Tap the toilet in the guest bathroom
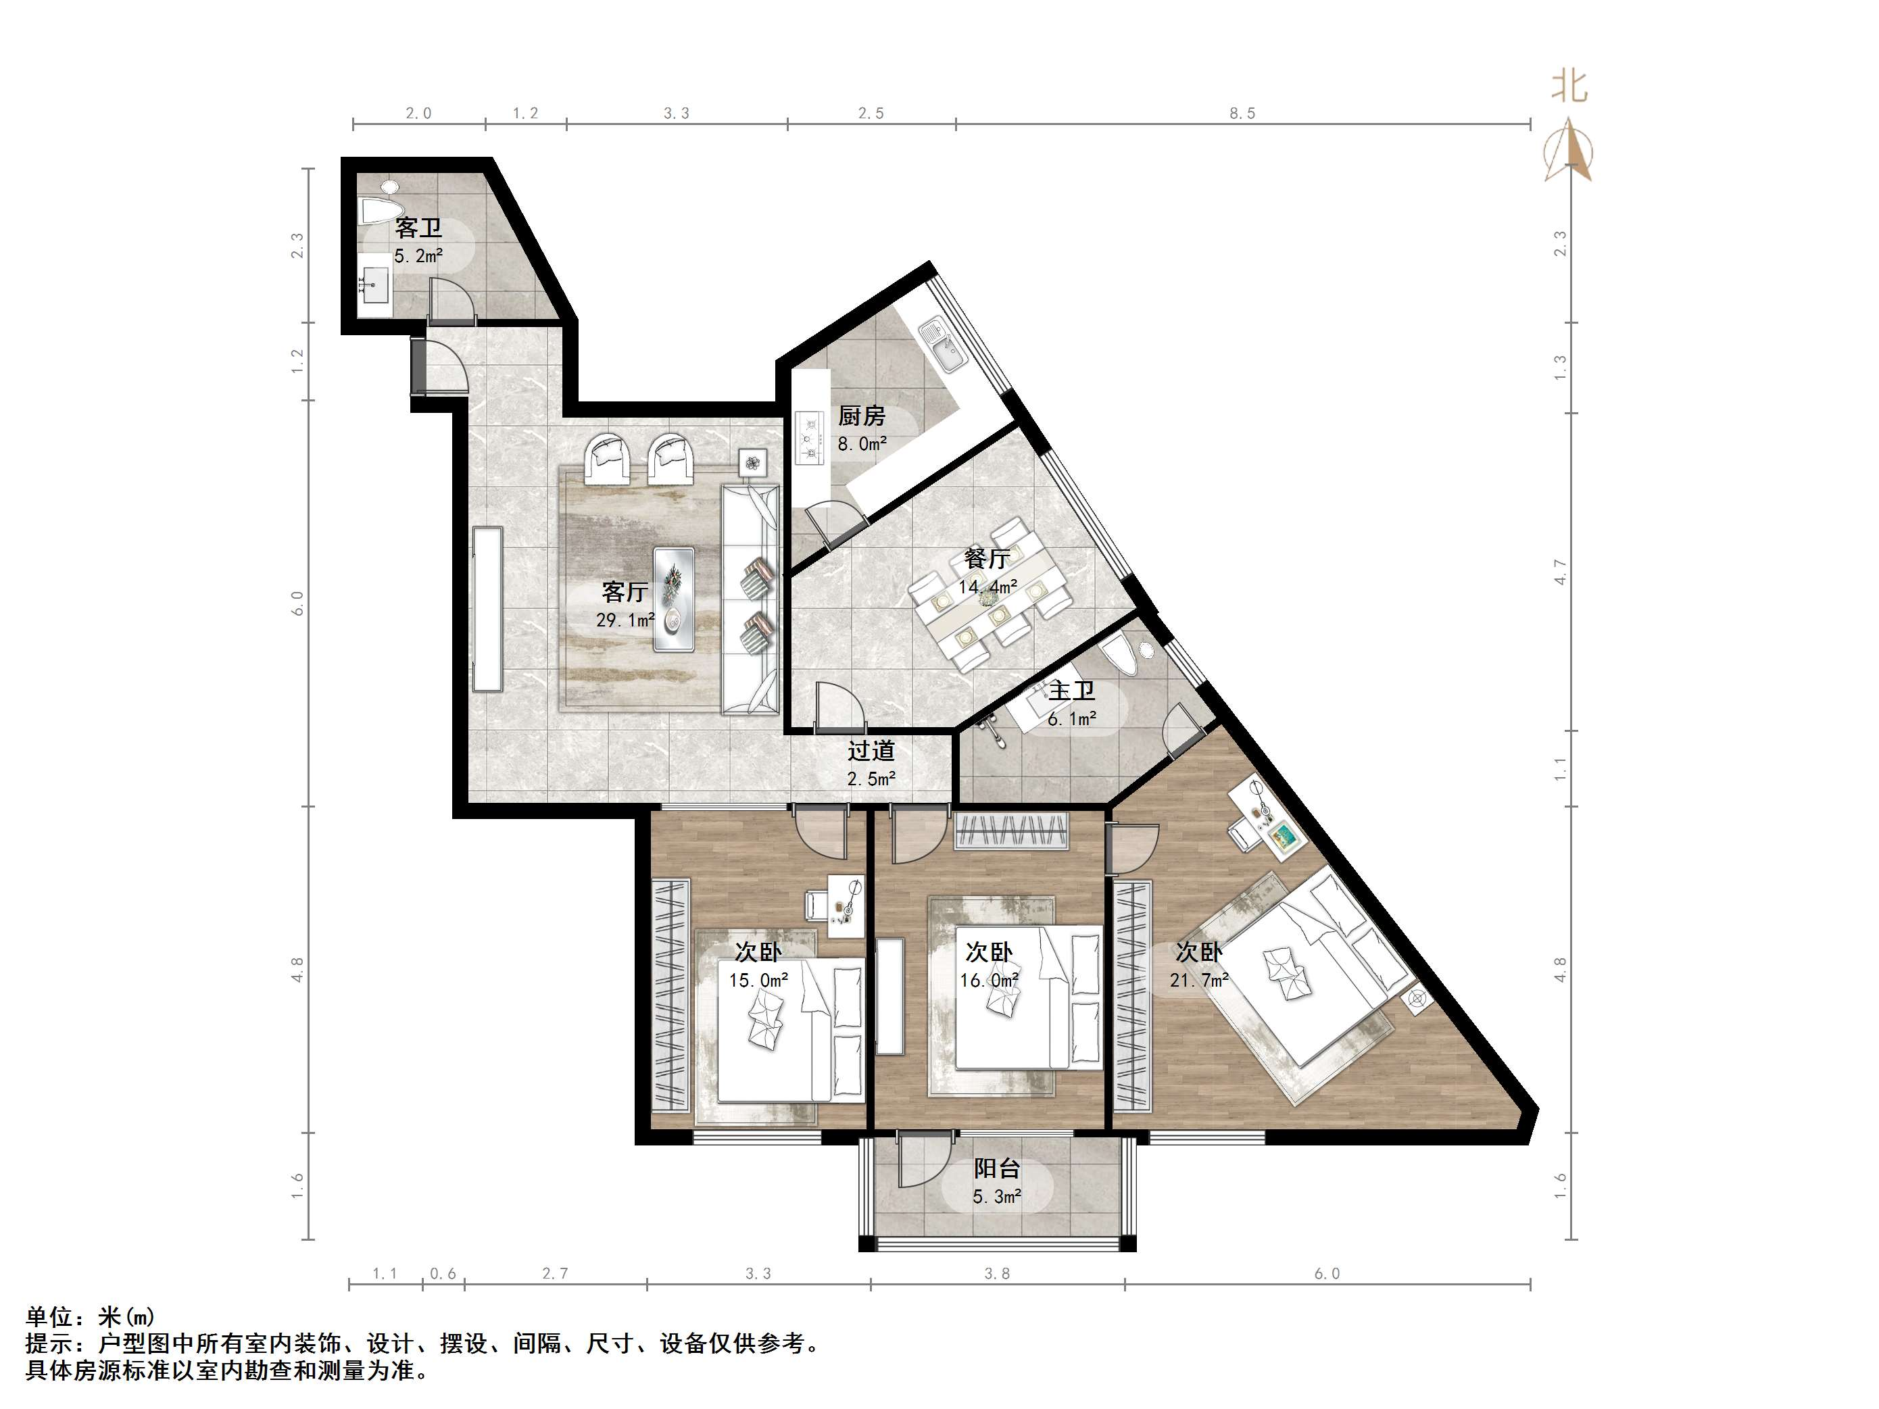click(379, 209)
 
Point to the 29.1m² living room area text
click(625, 620)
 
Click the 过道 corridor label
click(871, 751)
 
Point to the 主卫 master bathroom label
click(1071, 691)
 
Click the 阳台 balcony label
click(996, 1168)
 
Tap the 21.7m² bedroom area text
click(1198, 980)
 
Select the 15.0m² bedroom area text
click(758, 980)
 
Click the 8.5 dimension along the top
click(1241, 113)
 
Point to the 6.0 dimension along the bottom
click(1326, 1273)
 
